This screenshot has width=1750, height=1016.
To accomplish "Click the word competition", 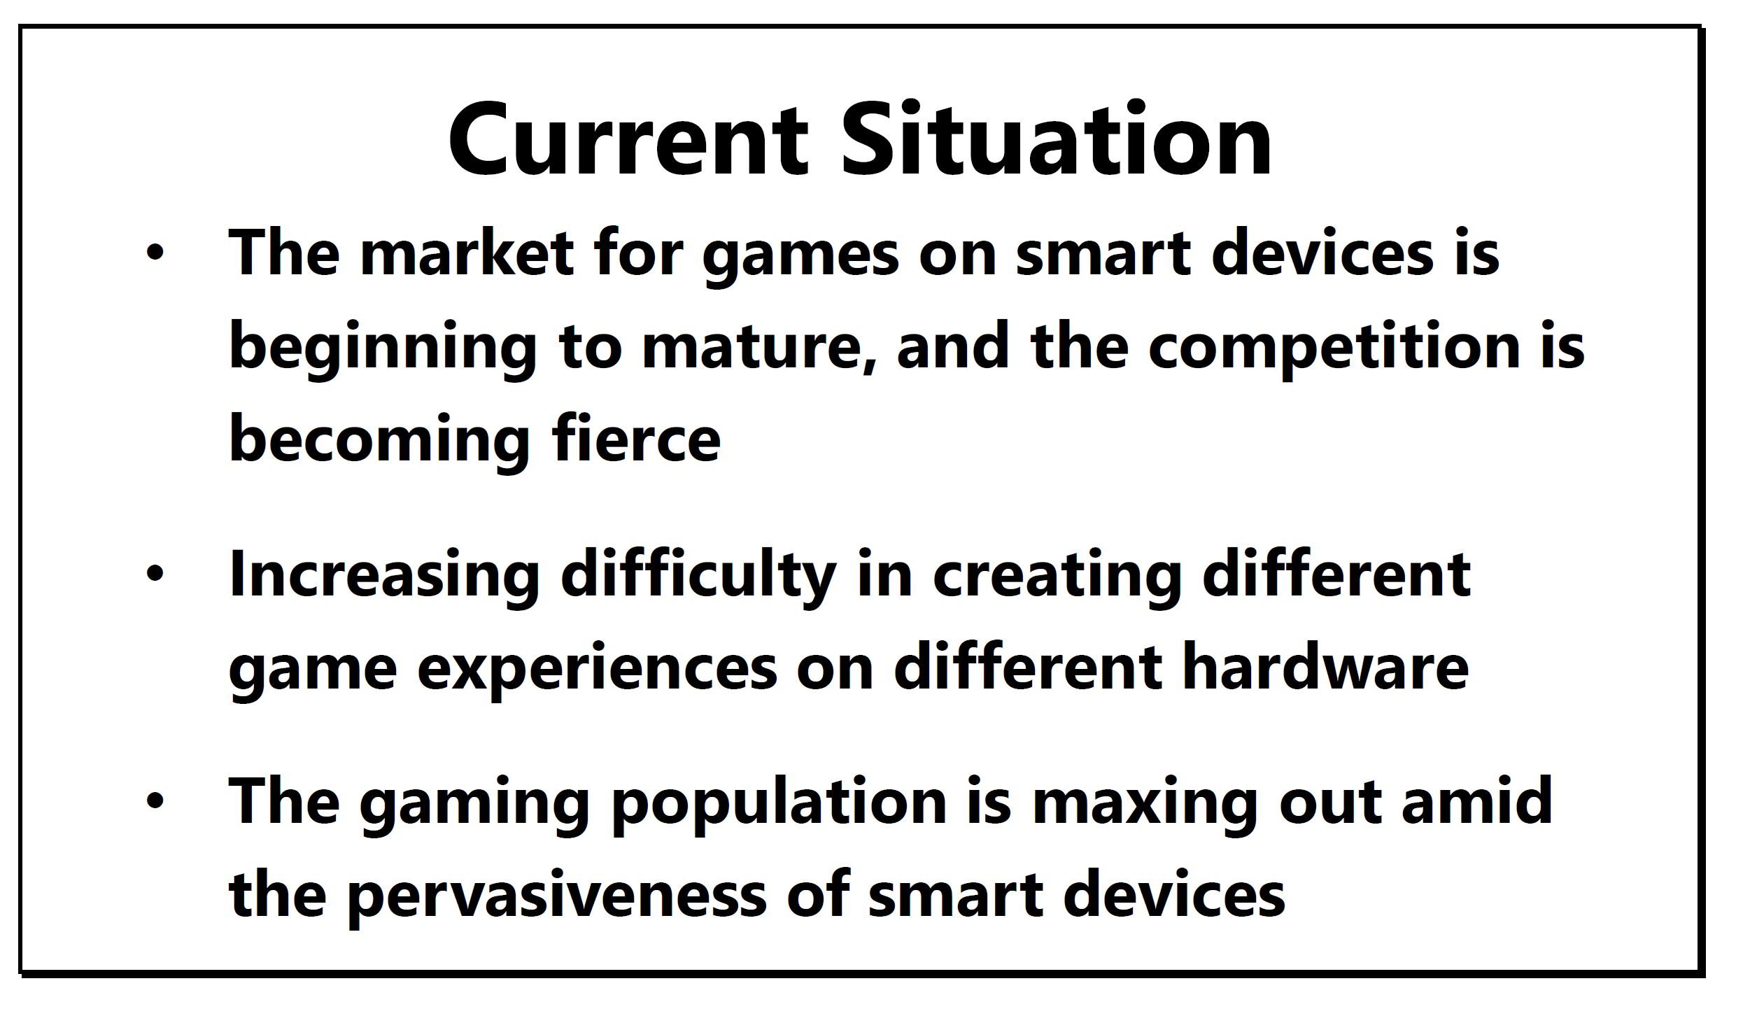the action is [1334, 346].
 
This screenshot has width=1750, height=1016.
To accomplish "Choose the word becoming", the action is [379, 439].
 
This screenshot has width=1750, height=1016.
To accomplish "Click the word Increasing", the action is [384, 575].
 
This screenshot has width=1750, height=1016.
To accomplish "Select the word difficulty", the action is [698, 575].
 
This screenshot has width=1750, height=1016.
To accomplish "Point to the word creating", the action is [1057, 575].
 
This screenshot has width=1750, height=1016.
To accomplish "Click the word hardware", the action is [1325, 665].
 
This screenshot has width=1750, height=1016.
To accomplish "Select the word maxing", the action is [1145, 805].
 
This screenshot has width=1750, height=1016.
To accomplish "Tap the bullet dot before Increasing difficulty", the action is [155, 574].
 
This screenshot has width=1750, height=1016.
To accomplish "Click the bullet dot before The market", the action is [155, 252].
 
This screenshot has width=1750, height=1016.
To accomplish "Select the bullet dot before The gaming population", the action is [155, 800].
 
